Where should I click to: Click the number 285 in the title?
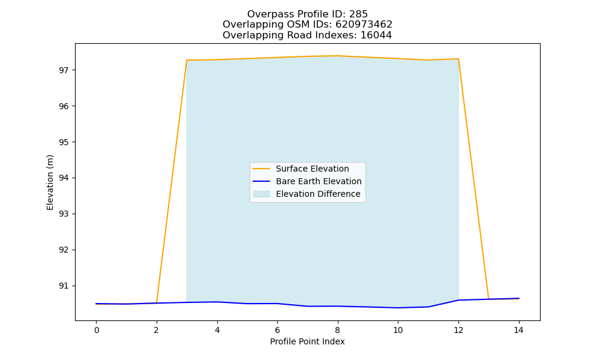(x=358, y=14)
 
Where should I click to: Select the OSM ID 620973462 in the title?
(x=364, y=25)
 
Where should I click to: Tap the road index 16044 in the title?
(x=376, y=35)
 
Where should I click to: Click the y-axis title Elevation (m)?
(x=50, y=182)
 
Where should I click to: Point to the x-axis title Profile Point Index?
(x=307, y=341)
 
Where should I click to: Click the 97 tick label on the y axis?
(x=64, y=70)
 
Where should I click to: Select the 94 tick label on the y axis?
(x=64, y=178)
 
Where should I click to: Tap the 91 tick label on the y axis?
(x=64, y=286)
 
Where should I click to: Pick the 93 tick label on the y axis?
(x=64, y=214)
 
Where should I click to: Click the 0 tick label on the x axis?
(x=97, y=330)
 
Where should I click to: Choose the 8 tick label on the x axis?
(x=337, y=330)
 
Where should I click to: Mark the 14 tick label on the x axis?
(x=518, y=330)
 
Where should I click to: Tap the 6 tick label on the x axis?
(x=277, y=330)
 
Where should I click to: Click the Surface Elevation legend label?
(x=312, y=169)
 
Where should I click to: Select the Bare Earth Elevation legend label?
(x=319, y=181)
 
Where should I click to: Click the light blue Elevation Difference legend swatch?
(x=262, y=194)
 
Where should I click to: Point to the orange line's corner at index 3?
(x=187, y=60)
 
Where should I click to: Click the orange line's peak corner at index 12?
(x=458, y=59)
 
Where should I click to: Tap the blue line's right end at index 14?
(x=519, y=298)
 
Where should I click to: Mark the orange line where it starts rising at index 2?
(x=157, y=302)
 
